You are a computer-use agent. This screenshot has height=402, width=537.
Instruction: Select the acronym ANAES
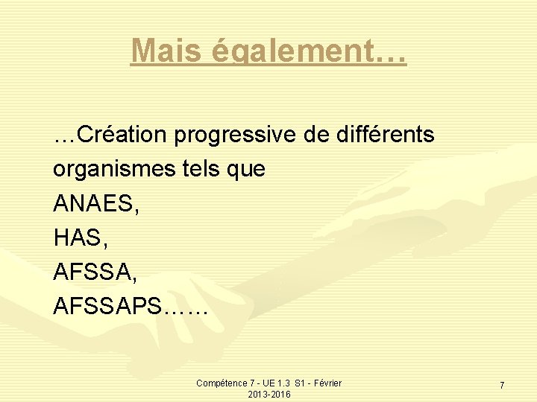coord(91,203)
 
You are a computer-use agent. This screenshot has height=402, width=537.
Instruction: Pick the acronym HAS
coord(75,237)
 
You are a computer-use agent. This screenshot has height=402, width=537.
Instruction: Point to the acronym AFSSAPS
coord(107,306)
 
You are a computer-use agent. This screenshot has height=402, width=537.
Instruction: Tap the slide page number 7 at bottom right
coord(501,386)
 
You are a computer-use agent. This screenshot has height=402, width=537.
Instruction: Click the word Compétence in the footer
coord(221,383)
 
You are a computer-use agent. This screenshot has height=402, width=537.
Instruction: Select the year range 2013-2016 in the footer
coord(269,394)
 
